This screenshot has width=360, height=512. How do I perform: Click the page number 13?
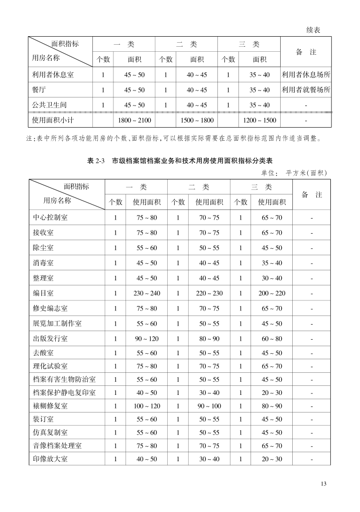[x=323, y=484]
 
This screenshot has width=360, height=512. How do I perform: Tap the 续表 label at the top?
[x=313, y=30]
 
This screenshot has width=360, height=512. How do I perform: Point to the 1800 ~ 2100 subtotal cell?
[x=134, y=121]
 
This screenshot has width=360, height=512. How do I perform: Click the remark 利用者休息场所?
[x=306, y=75]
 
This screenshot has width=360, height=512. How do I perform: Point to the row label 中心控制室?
[x=50, y=218]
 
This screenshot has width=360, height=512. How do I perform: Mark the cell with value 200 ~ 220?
[x=272, y=293]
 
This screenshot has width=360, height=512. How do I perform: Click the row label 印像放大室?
[x=50, y=459]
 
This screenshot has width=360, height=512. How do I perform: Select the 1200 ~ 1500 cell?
[x=259, y=121]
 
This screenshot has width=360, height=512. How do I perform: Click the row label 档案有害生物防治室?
[x=64, y=379]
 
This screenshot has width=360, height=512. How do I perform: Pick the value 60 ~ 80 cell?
[x=272, y=339]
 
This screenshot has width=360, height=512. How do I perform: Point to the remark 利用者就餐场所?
[x=306, y=90]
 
